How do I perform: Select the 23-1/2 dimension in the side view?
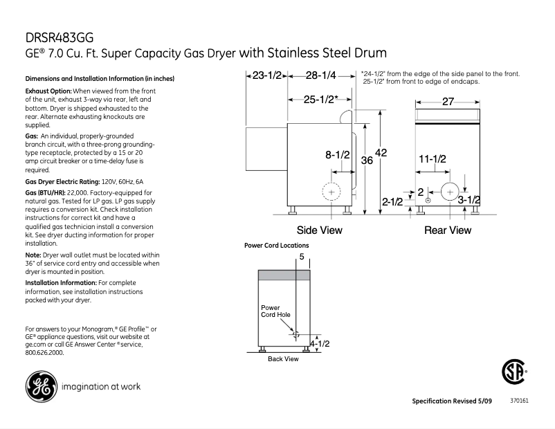coord(266,75)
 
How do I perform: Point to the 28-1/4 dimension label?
coord(321,75)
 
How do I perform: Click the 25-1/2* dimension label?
coord(321,99)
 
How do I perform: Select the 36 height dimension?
coord(367,161)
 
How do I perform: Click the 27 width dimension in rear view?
coord(447,102)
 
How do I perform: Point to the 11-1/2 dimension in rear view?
coord(433,158)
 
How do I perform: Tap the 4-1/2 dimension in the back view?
coord(319,343)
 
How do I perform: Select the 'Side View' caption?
coord(319,230)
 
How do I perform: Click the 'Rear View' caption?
coord(447,230)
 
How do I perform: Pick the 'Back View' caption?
coord(283,359)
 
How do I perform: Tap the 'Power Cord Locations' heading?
coord(277,246)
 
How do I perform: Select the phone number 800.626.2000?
coord(44,352)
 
